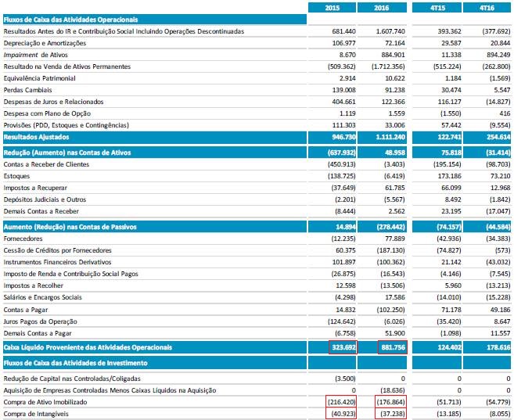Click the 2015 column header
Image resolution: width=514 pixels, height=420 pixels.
pos(332,7)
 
